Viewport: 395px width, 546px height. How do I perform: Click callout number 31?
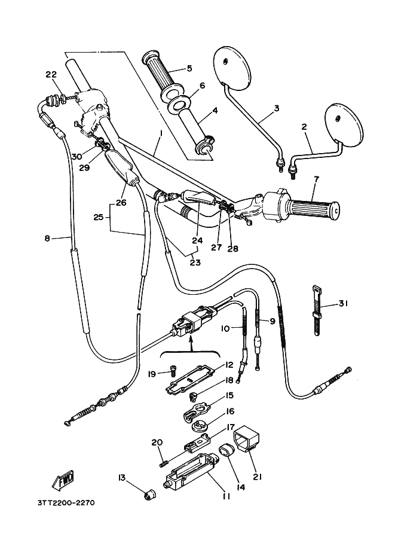(x=342, y=304)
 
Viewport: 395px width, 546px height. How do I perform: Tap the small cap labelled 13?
(x=148, y=495)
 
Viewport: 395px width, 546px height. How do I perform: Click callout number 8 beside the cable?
(x=47, y=239)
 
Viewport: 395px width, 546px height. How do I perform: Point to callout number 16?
(x=229, y=412)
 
